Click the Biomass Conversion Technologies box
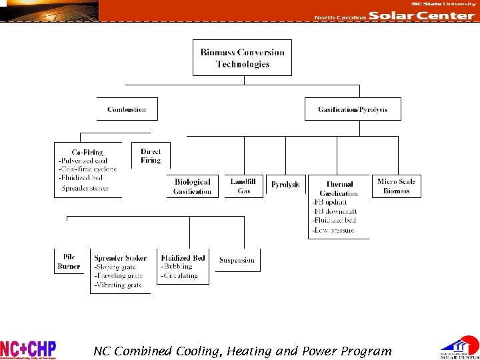click(x=242, y=58)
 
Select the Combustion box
click(x=127, y=109)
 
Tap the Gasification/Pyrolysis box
click(x=353, y=109)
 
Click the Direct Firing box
click(x=151, y=156)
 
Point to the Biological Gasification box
click(x=192, y=187)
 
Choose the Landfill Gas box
click(x=244, y=186)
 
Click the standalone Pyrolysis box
click(x=285, y=185)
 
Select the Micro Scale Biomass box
click(x=396, y=186)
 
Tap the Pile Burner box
click(x=69, y=261)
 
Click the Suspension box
click(x=237, y=260)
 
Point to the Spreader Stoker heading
click(x=121, y=258)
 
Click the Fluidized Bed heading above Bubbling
click(x=183, y=258)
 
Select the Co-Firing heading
click(x=87, y=152)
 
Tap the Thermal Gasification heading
click(x=339, y=189)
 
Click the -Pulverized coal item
click(x=83, y=161)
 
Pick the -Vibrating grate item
click(x=118, y=285)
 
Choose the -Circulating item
click(x=179, y=275)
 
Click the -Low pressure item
click(x=333, y=230)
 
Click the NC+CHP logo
click(x=28, y=349)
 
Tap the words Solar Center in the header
click(x=421, y=16)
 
